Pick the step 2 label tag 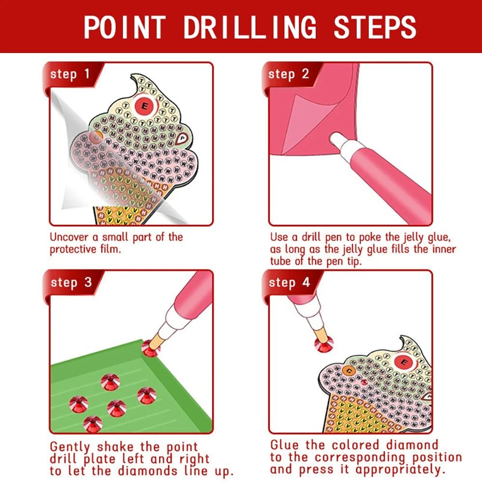288,74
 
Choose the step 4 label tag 288,282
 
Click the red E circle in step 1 143,104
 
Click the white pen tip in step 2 337,140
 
